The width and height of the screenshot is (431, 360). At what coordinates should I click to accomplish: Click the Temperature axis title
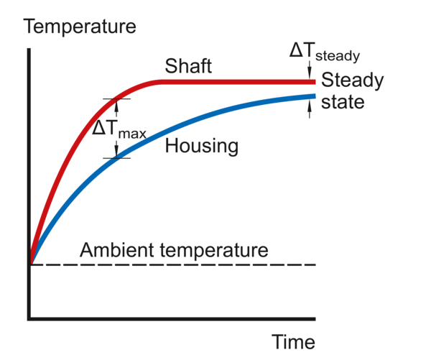(x=80, y=27)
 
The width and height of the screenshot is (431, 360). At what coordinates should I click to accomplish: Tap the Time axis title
(x=294, y=342)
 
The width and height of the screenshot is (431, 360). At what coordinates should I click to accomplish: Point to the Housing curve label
(x=201, y=147)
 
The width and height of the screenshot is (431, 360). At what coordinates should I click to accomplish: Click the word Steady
(x=352, y=80)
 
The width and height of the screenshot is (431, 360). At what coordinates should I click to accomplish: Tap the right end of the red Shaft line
(x=315, y=82)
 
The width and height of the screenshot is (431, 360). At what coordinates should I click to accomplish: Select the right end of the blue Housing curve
(x=315, y=96)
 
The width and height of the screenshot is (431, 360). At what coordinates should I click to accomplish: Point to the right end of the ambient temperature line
(x=316, y=264)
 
